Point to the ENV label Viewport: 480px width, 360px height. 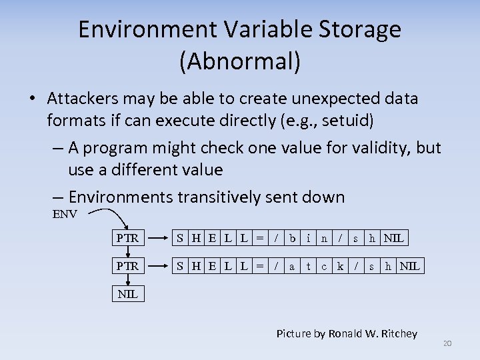65,214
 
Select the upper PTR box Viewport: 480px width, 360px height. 127,237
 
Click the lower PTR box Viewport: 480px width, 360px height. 127,266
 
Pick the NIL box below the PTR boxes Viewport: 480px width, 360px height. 127,294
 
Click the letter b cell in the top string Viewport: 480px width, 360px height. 292,237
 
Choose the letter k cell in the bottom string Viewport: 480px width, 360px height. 340,266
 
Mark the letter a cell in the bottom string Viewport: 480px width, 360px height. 292,266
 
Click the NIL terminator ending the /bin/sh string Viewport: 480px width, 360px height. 394,237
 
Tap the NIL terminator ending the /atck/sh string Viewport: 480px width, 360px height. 410,266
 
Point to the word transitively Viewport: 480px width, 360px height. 214,197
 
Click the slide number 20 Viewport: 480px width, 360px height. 447,343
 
